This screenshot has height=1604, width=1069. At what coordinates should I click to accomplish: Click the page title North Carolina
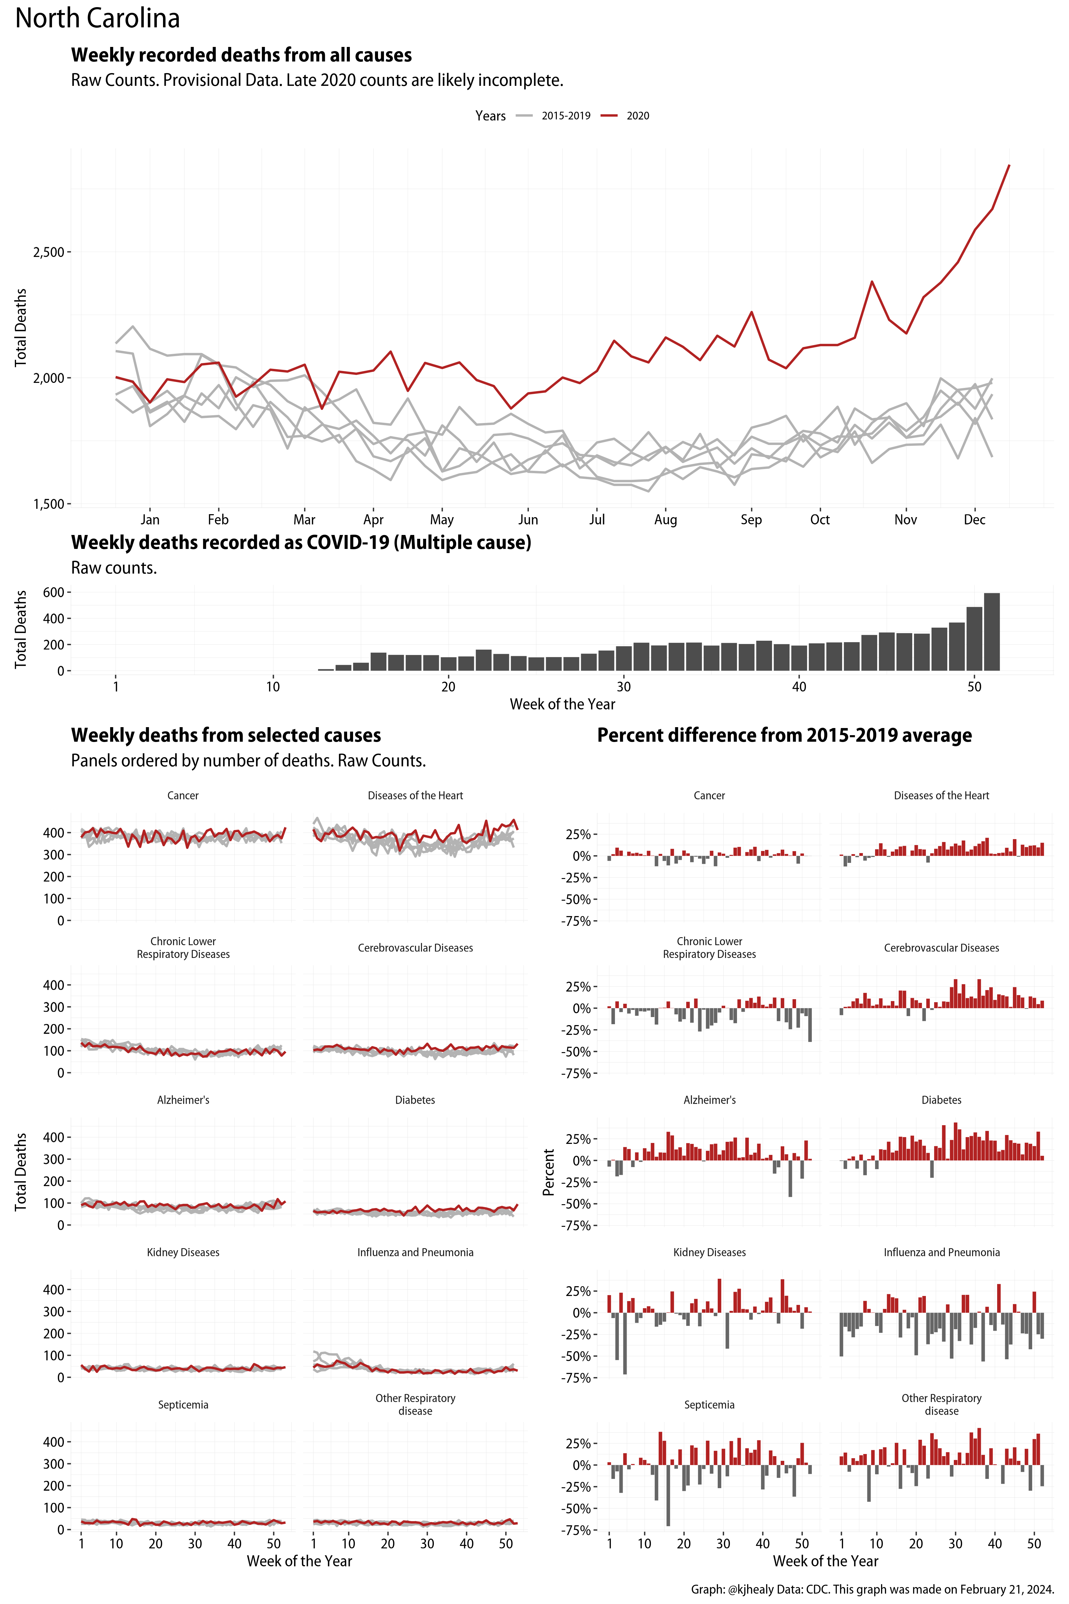click(x=97, y=18)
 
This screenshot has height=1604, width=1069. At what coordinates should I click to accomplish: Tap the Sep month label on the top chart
click(x=751, y=520)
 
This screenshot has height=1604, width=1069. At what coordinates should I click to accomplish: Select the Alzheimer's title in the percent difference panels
click(x=709, y=1100)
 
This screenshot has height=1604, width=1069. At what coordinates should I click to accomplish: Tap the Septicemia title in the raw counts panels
click(x=183, y=1405)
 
